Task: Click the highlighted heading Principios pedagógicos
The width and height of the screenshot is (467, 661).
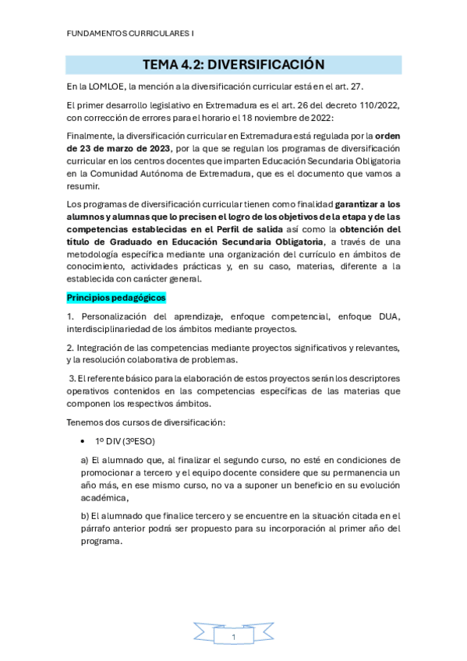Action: pos(116,298)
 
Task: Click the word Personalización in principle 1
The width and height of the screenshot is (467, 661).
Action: pos(117,316)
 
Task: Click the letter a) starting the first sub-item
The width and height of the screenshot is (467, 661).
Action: pos(85,461)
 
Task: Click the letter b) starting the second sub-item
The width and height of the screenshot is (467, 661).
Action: pos(85,515)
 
